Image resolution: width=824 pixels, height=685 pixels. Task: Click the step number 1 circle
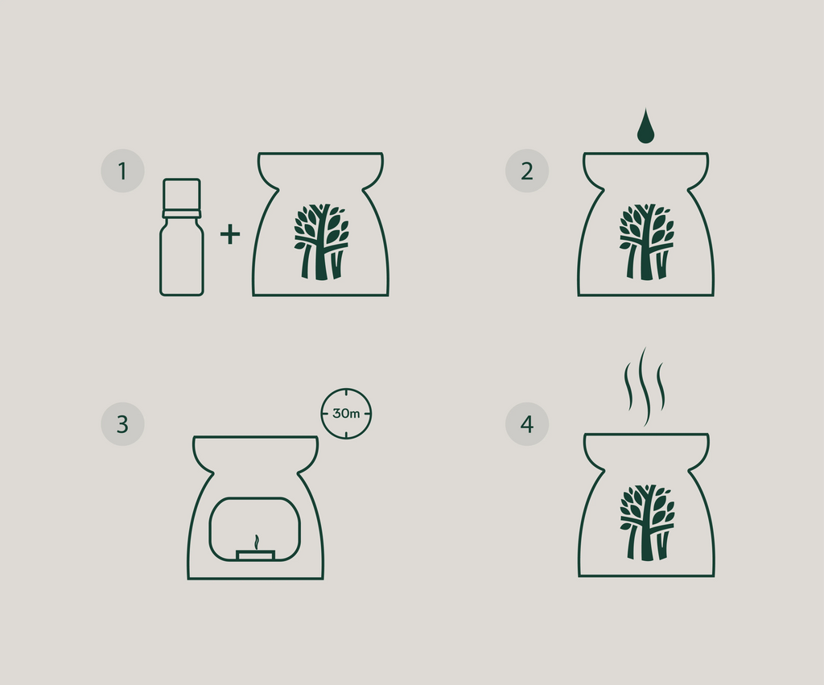(122, 171)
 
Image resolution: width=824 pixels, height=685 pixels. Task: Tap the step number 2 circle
(527, 171)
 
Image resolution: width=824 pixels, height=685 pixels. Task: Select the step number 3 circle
(122, 424)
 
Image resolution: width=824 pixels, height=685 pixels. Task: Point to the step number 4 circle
(527, 424)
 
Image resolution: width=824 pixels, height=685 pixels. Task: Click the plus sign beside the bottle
(230, 234)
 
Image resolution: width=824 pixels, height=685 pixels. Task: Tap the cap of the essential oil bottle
(182, 194)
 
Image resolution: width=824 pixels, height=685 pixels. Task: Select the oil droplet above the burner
(646, 126)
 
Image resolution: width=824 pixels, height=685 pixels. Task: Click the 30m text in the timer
(346, 414)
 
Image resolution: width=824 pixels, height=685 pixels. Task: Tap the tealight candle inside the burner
(255, 555)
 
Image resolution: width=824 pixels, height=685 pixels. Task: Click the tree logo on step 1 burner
(321, 241)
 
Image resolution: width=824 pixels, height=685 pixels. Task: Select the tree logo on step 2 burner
(646, 241)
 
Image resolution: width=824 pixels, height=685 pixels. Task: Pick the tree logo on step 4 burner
(647, 522)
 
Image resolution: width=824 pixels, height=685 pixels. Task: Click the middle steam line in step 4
(645, 386)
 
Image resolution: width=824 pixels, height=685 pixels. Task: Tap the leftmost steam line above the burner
(628, 386)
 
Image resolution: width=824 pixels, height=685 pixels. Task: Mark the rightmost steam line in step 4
(661, 386)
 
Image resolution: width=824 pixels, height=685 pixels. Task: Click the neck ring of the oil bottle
(182, 214)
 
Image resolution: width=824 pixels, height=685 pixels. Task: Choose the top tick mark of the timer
(346, 393)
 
